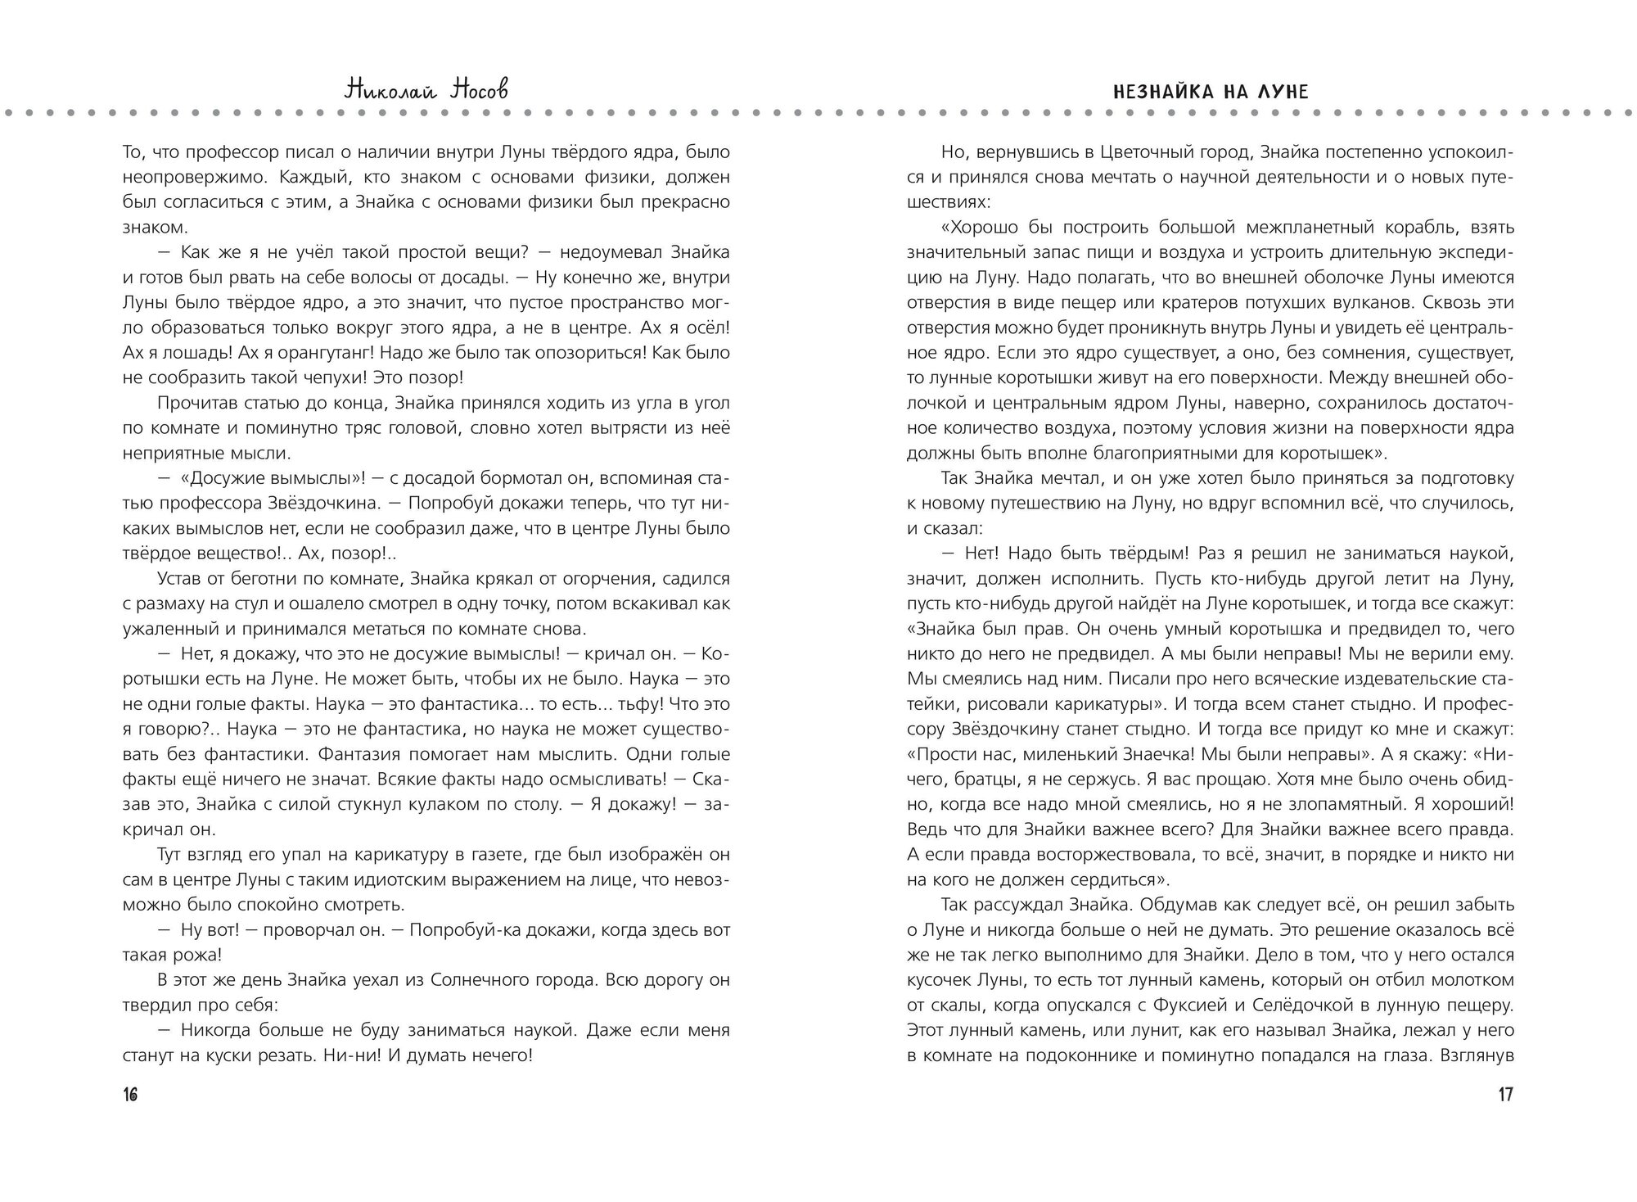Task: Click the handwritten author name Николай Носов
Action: coord(426,90)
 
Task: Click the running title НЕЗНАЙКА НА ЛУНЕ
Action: coord(1211,92)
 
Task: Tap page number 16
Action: coord(130,1095)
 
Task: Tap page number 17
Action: coord(1505,1095)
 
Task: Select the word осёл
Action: coord(706,328)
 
